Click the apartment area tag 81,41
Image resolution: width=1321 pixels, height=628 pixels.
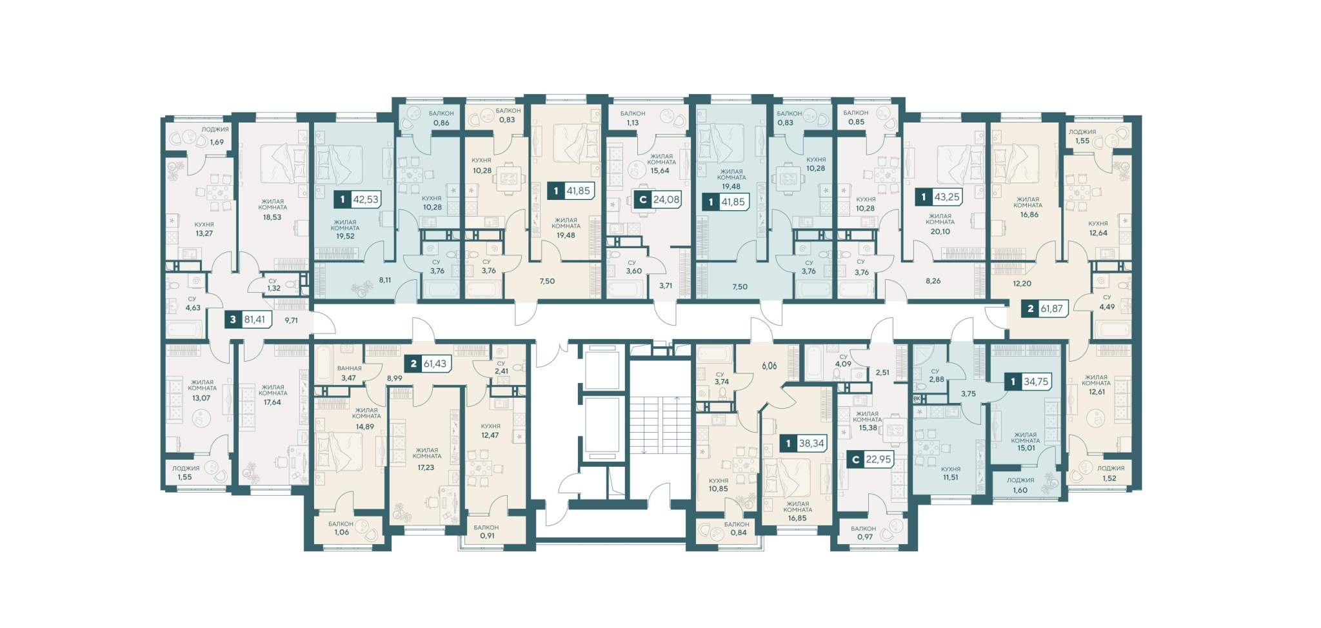coord(248,319)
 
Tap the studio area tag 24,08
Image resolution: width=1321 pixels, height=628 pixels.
coord(658,199)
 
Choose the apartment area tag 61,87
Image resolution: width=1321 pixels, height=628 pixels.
coord(1046,309)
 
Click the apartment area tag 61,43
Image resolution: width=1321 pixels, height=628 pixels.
coord(428,364)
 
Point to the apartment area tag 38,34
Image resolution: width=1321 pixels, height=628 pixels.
coord(804,444)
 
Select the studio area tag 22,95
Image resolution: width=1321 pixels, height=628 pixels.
coord(870,460)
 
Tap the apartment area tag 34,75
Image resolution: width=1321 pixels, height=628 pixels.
coord(1029,382)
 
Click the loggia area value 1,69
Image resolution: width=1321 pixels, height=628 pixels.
coord(216,142)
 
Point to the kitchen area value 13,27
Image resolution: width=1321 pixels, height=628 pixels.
coord(204,233)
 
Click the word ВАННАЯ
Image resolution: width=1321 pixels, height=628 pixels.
coord(350,368)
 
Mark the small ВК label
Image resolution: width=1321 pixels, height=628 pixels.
coord(917,399)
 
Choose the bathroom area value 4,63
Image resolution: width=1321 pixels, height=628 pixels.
coord(193,308)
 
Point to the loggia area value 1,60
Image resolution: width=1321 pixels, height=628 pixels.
coord(1020,490)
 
